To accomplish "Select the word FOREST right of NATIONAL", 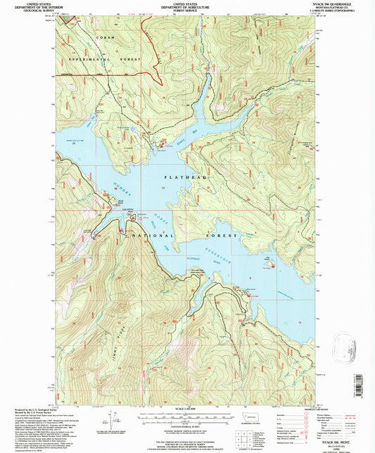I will (221, 236).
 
